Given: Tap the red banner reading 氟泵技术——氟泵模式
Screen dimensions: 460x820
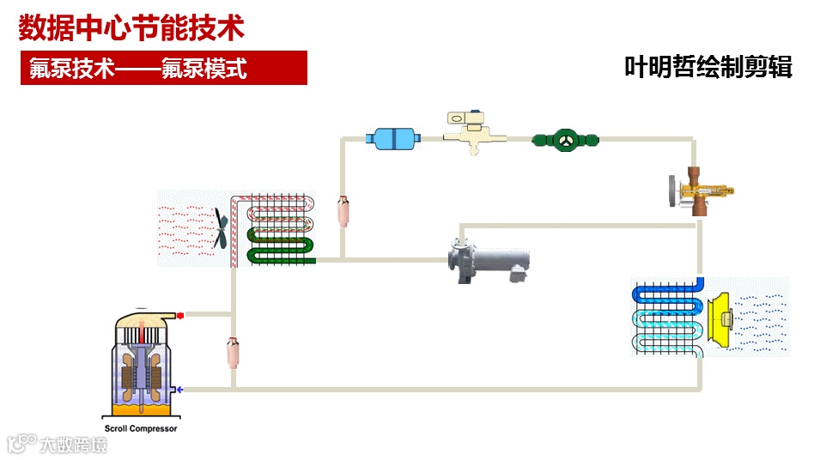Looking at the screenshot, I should pos(163,68).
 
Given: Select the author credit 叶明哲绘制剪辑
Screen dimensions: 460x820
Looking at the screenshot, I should pos(708,67).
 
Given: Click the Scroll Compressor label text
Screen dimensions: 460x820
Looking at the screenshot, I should pos(142,428).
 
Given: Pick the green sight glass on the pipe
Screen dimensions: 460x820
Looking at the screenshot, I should pos(565,139).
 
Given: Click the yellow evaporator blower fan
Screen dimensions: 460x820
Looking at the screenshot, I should pos(723,319).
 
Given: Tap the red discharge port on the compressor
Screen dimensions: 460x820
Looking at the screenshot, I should pos(179,315).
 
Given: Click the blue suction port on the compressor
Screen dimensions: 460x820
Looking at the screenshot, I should pos(179,390).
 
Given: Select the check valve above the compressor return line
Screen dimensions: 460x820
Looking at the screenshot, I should pos(232,352).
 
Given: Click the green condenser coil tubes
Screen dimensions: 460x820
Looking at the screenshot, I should pos(279,245).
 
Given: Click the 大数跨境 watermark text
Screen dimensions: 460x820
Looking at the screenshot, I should pos(73,445).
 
